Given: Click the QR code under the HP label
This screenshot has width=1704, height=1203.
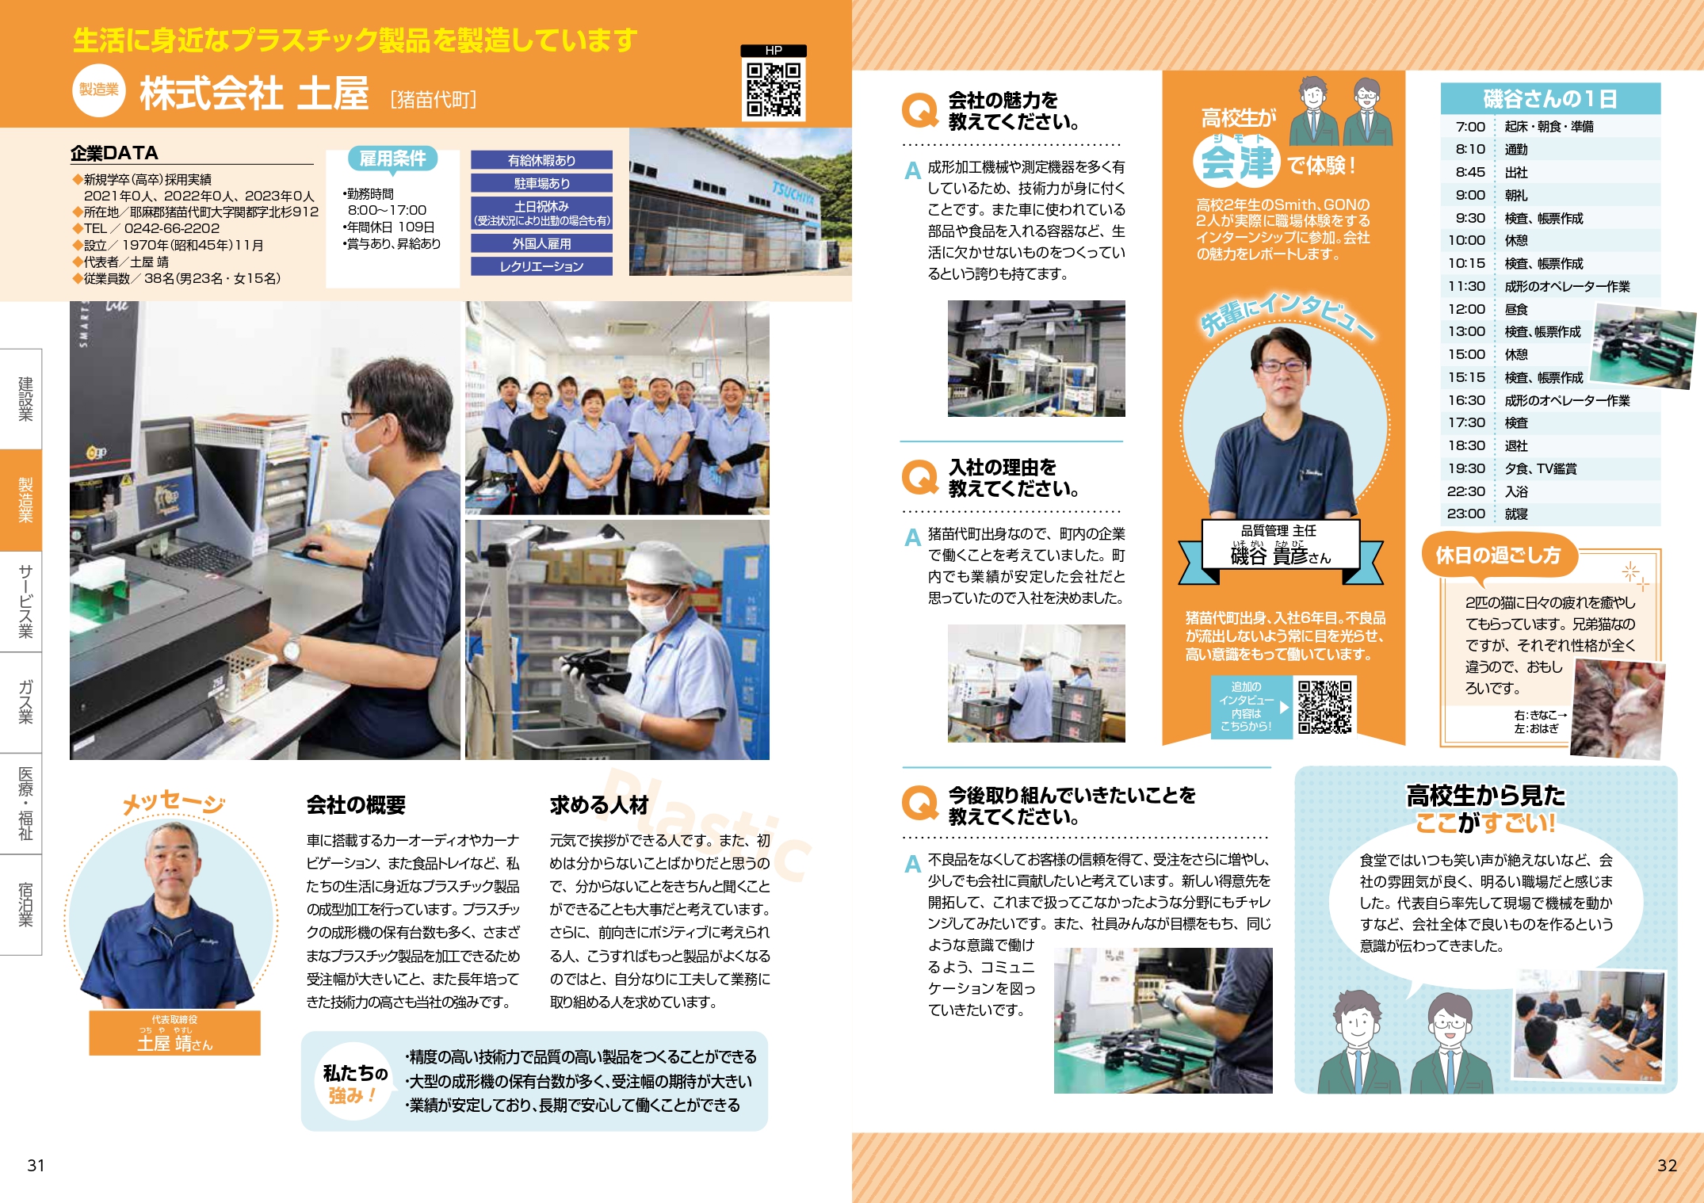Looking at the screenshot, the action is coord(774,90).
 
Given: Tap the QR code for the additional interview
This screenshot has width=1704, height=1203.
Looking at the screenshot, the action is coord(1324,706).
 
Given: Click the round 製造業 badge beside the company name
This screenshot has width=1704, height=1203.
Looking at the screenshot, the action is coord(99,90).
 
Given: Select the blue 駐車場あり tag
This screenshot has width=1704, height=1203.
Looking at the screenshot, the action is coord(541,183).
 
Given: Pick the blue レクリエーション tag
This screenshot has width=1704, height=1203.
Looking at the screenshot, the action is coord(541,266).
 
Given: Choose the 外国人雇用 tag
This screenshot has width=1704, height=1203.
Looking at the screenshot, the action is coord(541,243).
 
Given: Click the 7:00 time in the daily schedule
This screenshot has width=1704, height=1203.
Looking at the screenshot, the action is coord(1470,127).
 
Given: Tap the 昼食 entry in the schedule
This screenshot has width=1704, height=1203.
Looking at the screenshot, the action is coord(1516,309).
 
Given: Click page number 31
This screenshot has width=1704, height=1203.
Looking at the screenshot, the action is coord(36,1165).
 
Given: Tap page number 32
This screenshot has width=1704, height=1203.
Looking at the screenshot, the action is coord(1667,1165).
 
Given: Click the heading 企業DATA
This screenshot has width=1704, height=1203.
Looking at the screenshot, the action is coord(114,153).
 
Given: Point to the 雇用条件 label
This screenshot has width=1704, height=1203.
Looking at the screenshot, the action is coord(392,158).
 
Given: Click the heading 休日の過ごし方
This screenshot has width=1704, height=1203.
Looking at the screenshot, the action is coord(1498,555).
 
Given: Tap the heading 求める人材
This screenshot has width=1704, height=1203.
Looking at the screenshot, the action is coord(599,805).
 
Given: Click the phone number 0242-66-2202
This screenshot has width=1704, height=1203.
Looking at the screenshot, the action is coord(172,228).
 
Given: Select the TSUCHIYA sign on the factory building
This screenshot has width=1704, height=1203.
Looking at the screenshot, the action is coord(793,191).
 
